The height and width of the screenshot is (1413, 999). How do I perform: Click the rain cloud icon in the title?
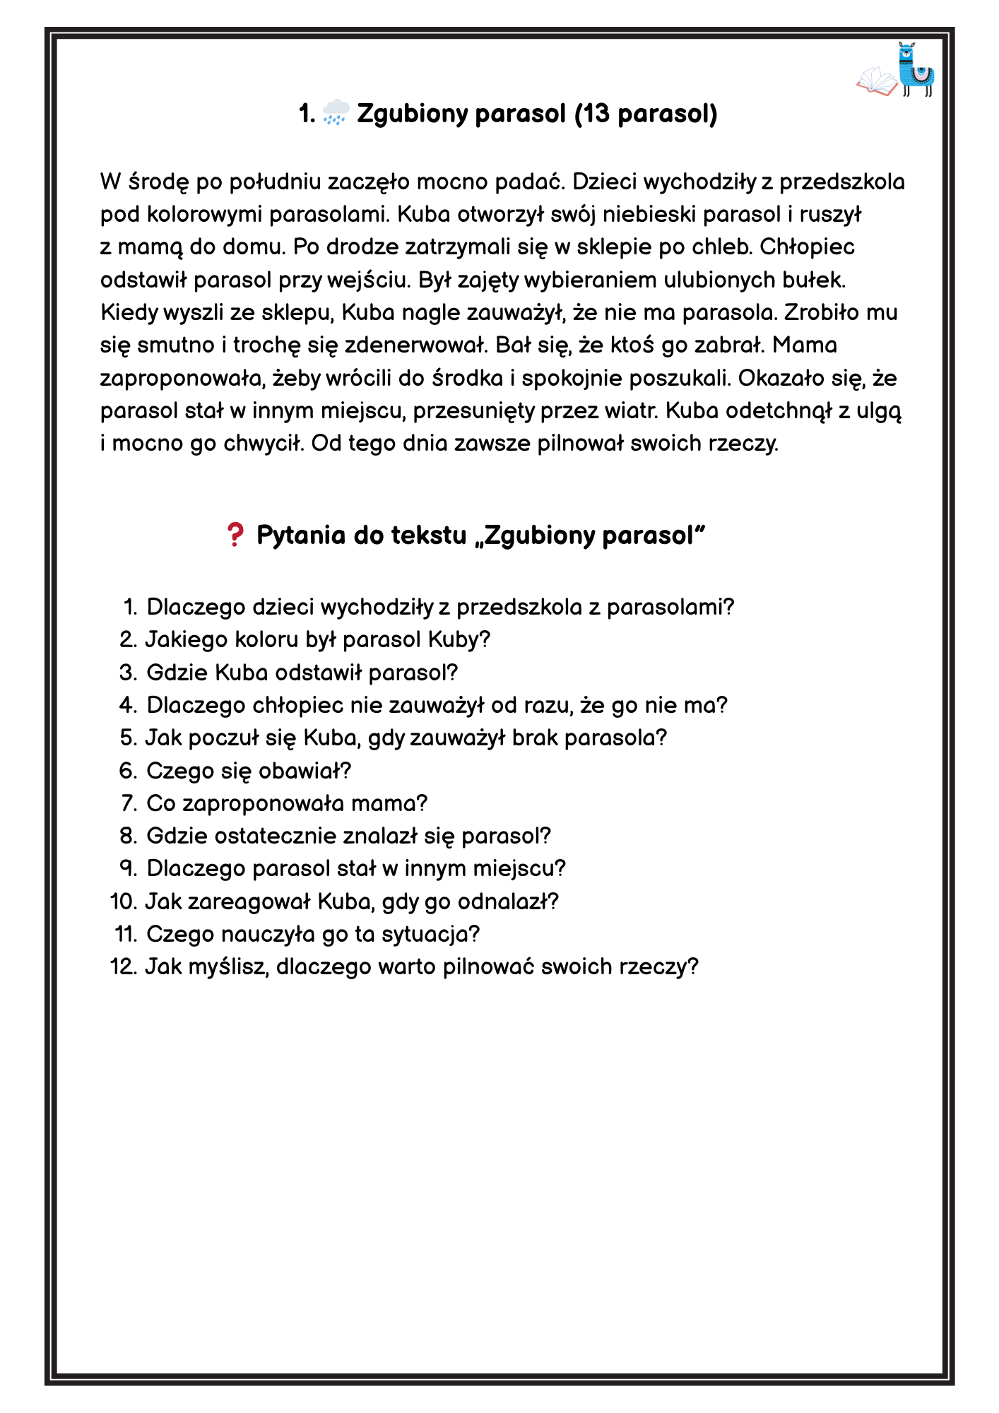coord(336,113)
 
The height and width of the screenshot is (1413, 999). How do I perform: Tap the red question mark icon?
coord(235,535)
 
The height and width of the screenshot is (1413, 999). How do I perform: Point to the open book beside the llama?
coord(877,81)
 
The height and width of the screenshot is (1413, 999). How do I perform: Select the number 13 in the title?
coord(595,113)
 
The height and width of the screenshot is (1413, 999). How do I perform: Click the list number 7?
coord(129,803)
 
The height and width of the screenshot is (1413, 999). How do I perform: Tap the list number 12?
coord(124,966)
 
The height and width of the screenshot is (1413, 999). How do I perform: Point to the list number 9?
coord(128,868)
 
